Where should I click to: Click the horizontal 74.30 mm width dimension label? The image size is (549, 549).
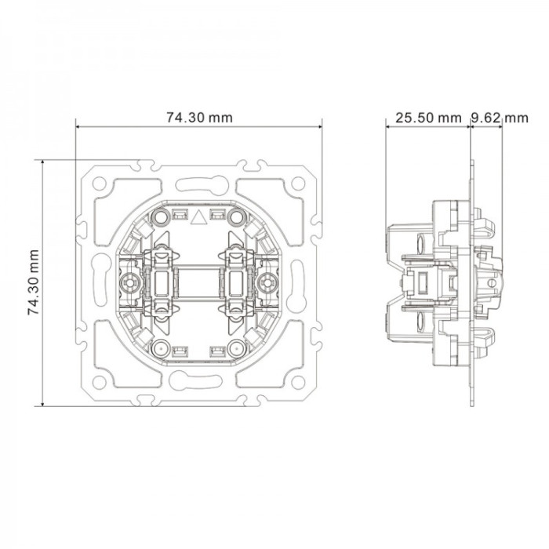pos(199,118)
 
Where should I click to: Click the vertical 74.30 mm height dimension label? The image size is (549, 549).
pos(34,282)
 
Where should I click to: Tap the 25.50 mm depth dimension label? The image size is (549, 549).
pos(428,118)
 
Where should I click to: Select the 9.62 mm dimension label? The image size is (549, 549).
pos(500,118)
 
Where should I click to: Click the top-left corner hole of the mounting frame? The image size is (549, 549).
pos(99,184)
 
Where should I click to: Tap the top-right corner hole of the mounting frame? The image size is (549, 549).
pos(298,184)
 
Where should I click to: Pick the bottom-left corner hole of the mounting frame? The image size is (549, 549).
pos(99,383)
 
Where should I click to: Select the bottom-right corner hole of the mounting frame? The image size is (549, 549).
pos(298,383)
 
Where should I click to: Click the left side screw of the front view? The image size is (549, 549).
pos(129,282)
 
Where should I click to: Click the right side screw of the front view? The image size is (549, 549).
pos(268,282)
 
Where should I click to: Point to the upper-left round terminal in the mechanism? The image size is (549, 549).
pos(160,217)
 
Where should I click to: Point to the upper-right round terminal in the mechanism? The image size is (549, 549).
pos(237,217)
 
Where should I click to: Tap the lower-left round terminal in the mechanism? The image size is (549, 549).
pos(160,349)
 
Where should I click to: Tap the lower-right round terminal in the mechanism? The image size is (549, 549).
pos(237,349)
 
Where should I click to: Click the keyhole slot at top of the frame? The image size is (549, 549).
pos(202,185)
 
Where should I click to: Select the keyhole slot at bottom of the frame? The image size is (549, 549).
pos(196,379)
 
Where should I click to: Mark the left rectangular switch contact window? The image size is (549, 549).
pos(161,282)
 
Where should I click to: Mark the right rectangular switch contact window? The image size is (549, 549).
pos(236,282)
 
